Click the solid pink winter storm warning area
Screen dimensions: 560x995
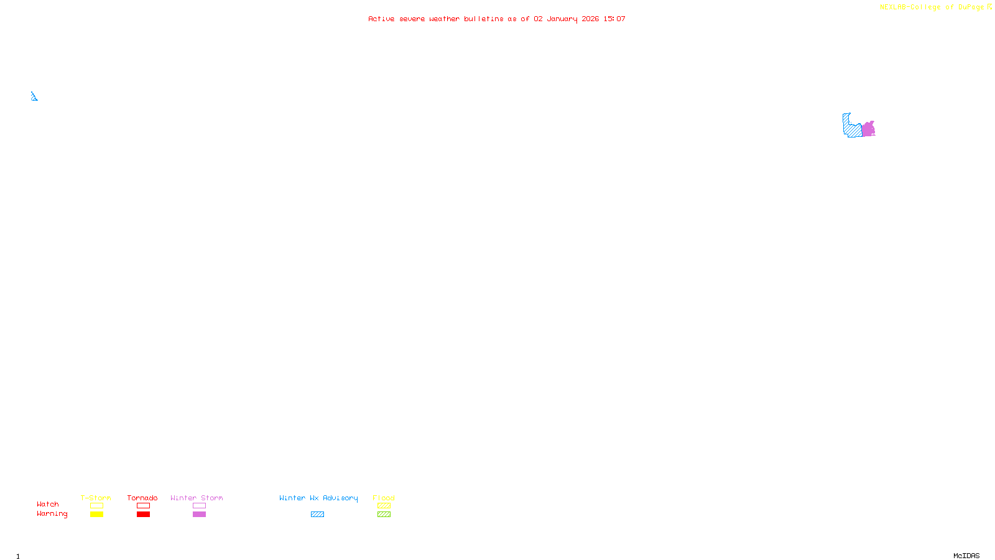point(868,129)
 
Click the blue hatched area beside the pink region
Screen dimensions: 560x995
point(852,128)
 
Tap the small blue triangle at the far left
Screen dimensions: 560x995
point(34,96)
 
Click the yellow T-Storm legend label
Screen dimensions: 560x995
point(96,498)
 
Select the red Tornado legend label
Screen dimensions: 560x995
point(142,498)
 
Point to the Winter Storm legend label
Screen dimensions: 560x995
point(197,498)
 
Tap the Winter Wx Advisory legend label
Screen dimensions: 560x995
point(318,498)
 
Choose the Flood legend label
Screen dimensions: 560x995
point(384,498)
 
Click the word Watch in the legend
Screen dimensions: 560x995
point(48,505)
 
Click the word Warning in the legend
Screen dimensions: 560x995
point(52,514)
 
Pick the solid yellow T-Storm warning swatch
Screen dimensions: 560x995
point(96,515)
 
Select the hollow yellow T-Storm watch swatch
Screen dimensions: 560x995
point(96,506)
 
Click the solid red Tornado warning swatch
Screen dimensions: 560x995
point(143,515)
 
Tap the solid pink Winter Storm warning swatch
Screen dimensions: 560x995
point(199,515)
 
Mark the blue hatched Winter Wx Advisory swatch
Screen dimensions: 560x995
point(317,515)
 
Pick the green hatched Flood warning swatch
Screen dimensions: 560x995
point(384,515)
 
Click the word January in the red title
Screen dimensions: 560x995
point(562,19)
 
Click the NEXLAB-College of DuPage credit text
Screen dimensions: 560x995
point(932,7)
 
